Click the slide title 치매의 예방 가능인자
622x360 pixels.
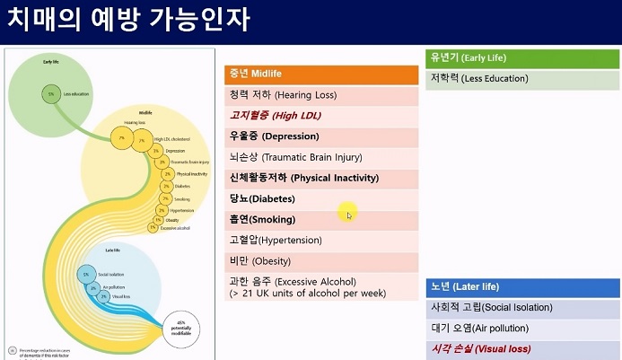(129, 20)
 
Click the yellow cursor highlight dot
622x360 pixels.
(347, 213)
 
